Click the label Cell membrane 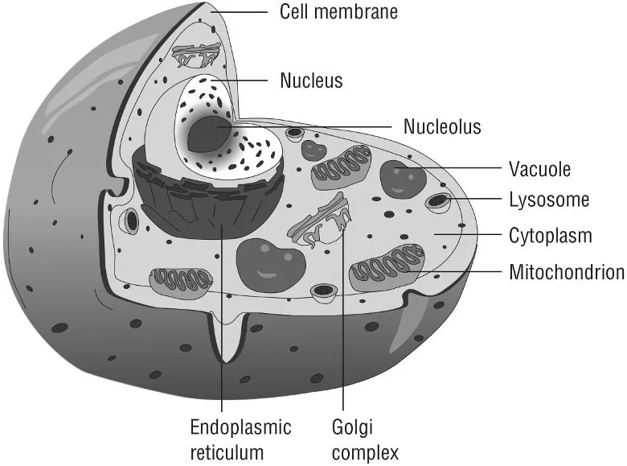tap(338, 11)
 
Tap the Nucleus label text tap(311, 80)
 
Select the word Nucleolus tap(442, 126)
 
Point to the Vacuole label tap(539, 169)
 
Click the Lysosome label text tap(549, 200)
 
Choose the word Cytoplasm tap(551, 236)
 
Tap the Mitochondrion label tap(567, 272)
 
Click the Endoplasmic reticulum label tap(240, 439)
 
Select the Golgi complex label tap(364, 439)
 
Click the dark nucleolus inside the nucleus tap(207, 134)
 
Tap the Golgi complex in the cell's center tap(321, 225)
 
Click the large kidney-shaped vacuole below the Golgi tap(271, 264)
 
